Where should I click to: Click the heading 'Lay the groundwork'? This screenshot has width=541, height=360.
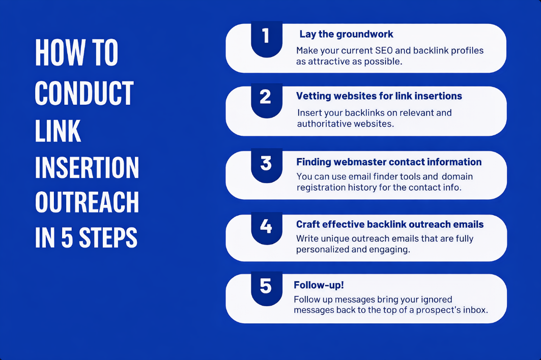click(346, 34)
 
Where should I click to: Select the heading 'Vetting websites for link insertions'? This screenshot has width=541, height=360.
click(379, 96)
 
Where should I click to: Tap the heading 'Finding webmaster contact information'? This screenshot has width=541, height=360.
click(389, 162)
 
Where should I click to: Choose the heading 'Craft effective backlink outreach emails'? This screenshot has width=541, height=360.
click(390, 224)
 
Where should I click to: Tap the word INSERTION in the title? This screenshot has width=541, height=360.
click(87, 168)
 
